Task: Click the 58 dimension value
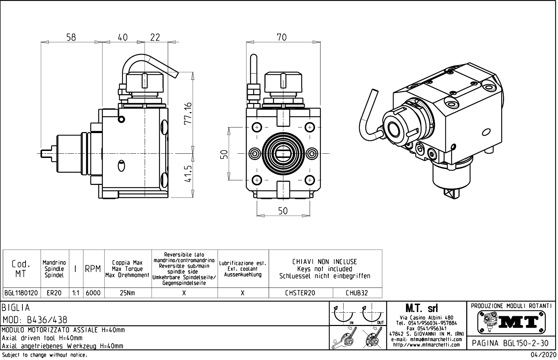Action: (x=71, y=37)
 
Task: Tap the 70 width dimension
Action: (x=282, y=37)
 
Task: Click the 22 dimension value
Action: (x=155, y=37)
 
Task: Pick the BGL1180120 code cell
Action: (x=22, y=293)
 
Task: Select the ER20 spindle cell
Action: (x=54, y=293)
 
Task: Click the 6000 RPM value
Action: (x=93, y=293)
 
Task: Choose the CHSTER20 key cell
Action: (x=300, y=293)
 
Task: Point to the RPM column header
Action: (x=93, y=269)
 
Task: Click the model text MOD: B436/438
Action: (x=35, y=320)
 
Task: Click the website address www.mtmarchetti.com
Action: (x=426, y=345)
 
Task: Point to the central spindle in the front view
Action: (x=283, y=153)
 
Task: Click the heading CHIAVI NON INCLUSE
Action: (x=324, y=262)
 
